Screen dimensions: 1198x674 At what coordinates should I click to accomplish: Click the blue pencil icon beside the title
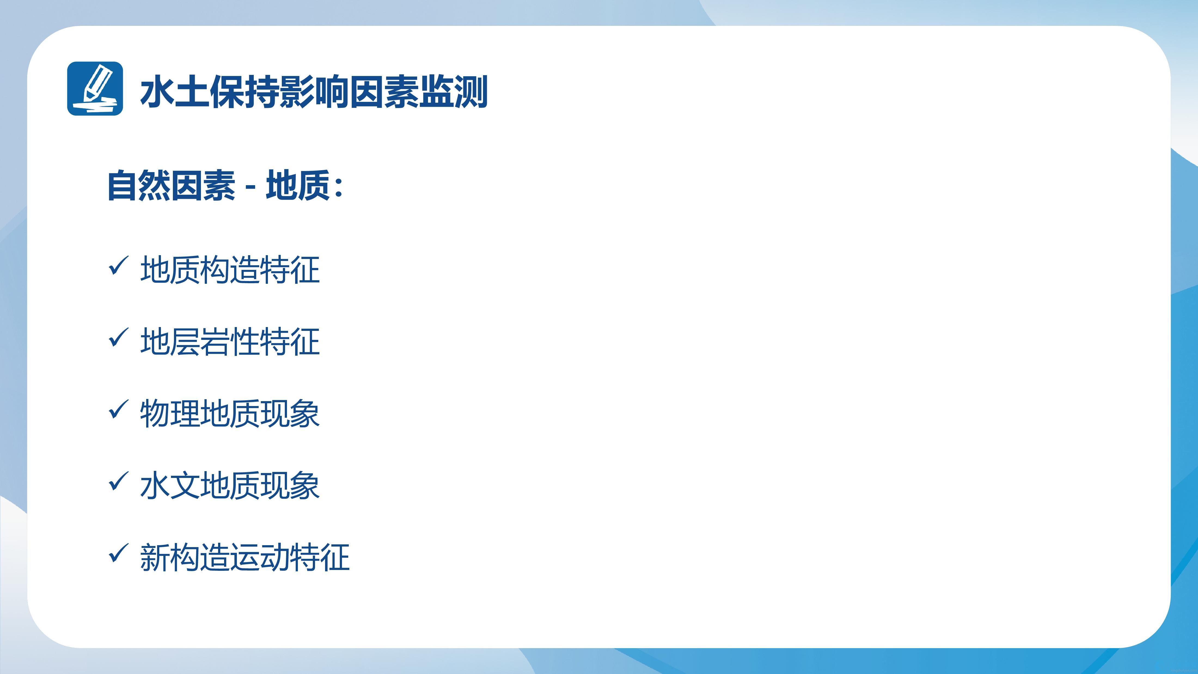click(95, 89)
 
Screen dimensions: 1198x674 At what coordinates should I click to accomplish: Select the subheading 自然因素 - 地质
click(225, 185)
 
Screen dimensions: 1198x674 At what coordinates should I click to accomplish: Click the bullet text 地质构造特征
click(230, 270)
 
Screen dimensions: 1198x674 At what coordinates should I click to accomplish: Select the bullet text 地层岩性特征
click(230, 341)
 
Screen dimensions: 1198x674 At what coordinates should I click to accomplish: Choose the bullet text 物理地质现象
click(230, 413)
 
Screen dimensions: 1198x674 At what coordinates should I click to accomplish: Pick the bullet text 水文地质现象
click(230, 486)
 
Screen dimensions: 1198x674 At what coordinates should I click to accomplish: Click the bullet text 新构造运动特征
click(245, 557)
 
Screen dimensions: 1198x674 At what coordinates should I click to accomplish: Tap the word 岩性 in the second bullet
click(230, 341)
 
